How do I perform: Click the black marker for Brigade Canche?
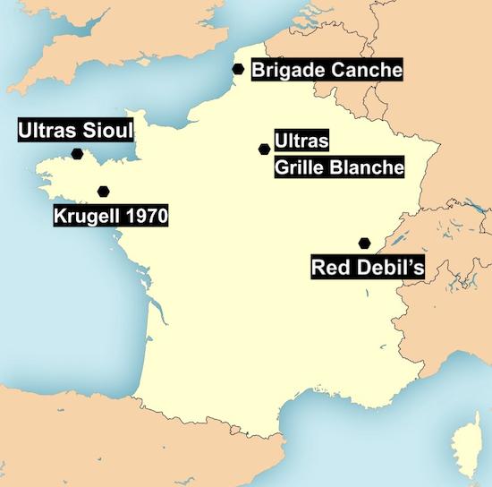tap(238, 69)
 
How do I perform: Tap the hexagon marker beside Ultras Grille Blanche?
tap(264, 150)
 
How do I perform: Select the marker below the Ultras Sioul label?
tap(78, 154)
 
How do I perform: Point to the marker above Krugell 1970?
tap(104, 191)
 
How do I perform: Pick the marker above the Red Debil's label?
tap(364, 243)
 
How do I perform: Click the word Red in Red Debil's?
tap(328, 266)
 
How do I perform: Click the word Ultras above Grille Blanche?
tap(303, 141)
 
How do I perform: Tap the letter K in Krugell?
tap(60, 216)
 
